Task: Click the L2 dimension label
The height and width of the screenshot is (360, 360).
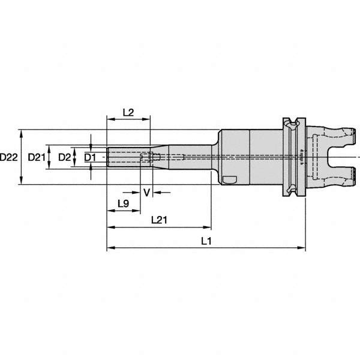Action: tap(127, 112)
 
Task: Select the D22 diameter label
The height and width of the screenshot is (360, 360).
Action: tap(8, 157)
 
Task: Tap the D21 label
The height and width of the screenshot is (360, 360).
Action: tap(37, 157)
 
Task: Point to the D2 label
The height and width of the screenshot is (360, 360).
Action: tap(64, 157)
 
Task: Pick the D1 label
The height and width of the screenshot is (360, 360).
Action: tap(89, 157)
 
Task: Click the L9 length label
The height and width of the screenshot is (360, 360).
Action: tap(123, 203)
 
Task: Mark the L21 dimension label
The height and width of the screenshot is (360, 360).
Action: tap(158, 220)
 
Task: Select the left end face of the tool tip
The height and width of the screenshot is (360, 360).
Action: tap(107, 157)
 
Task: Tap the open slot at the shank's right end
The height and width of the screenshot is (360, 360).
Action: tap(342, 157)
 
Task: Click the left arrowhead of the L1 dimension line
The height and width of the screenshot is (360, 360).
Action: tap(110, 248)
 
